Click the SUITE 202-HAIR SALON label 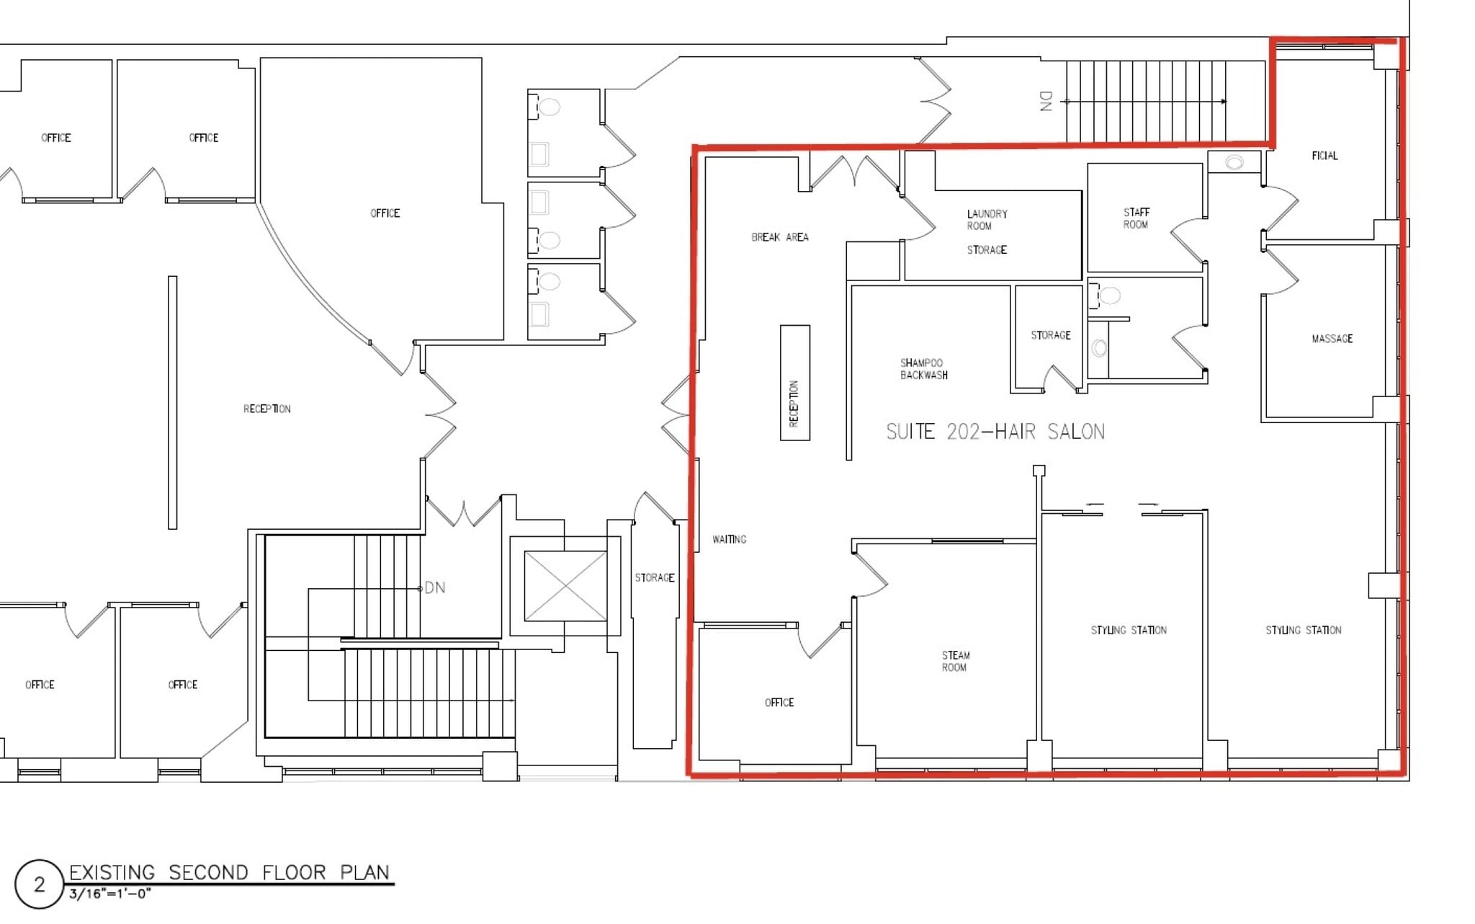tap(995, 432)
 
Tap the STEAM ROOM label tap(955, 661)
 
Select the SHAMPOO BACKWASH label tap(923, 369)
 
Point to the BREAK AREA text tap(779, 237)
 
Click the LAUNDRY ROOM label tap(987, 220)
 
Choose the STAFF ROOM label tap(1136, 218)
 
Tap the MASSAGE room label tap(1332, 339)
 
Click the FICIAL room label tap(1324, 156)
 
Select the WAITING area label tap(729, 539)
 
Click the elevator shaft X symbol tap(565, 586)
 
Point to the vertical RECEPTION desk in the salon tap(794, 383)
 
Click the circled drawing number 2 tap(39, 884)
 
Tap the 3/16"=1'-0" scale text tap(109, 894)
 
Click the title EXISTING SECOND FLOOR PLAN tap(229, 872)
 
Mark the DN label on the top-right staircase tap(1046, 101)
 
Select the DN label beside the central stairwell tap(434, 588)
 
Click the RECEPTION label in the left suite tap(266, 409)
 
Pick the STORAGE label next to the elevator tap(654, 577)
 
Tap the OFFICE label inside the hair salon tap(779, 702)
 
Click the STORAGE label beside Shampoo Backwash tap(1050, 335)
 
